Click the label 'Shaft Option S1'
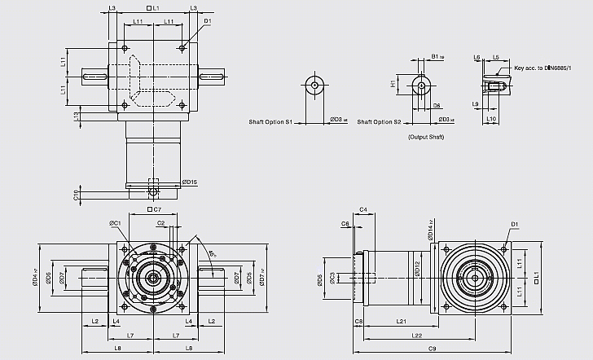[270, 121]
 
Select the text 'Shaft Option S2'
[380, 121]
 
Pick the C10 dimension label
[76, 194]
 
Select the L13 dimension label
[76, 116]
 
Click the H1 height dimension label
[393, 84]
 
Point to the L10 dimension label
[491, 119]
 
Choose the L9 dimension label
[475, 104]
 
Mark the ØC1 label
[115, 222]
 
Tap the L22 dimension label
[417, 335]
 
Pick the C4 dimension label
[364, 210]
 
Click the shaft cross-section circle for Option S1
[314, 85]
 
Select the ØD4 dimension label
[35, 279]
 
